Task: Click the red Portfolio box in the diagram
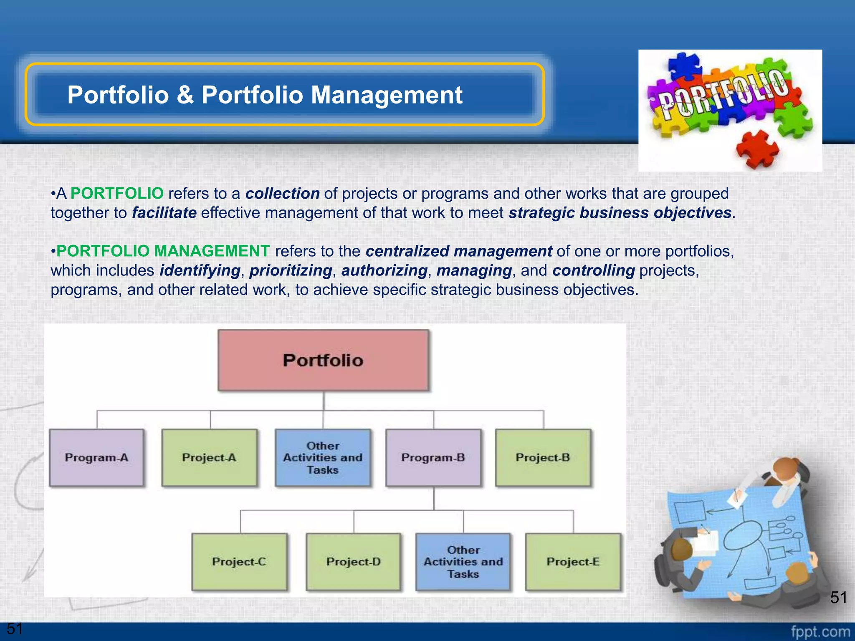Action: point(323,360)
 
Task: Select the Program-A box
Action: point(96,458)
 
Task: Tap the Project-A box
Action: point(209,458)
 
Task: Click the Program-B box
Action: point(433,458)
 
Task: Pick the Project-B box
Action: point(543,458)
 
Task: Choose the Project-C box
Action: point(239,562)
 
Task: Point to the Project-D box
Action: point(353,562)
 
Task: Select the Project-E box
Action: point(573,562)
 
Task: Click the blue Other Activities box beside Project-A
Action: point(323,458)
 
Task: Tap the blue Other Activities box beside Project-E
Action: point(463,562)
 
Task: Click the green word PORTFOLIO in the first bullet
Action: point(117,194)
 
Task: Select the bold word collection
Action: point(282,194)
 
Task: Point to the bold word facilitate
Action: point(164,213)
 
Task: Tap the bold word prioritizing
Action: point(291,270)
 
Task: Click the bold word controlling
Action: point(593,270)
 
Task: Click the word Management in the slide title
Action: point(387,95)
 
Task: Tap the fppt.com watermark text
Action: point(820,631)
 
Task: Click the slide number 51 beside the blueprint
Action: point(838,598)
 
